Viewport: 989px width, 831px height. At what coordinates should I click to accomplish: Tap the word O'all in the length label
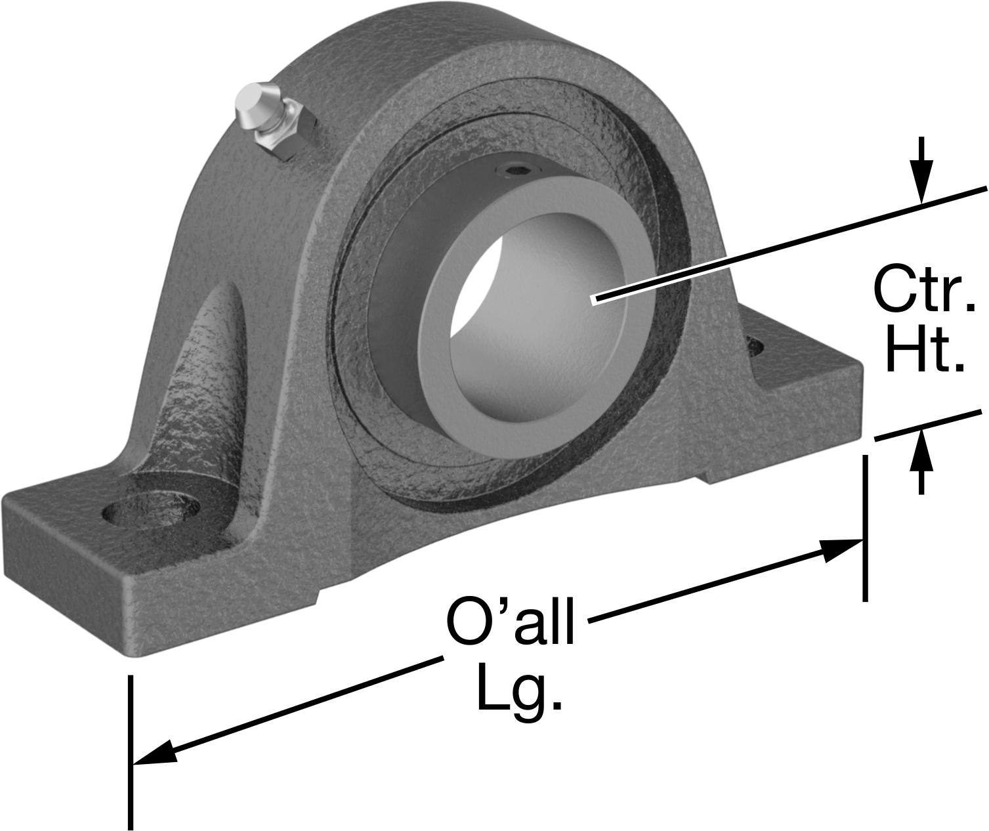click(x=510, y=620)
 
